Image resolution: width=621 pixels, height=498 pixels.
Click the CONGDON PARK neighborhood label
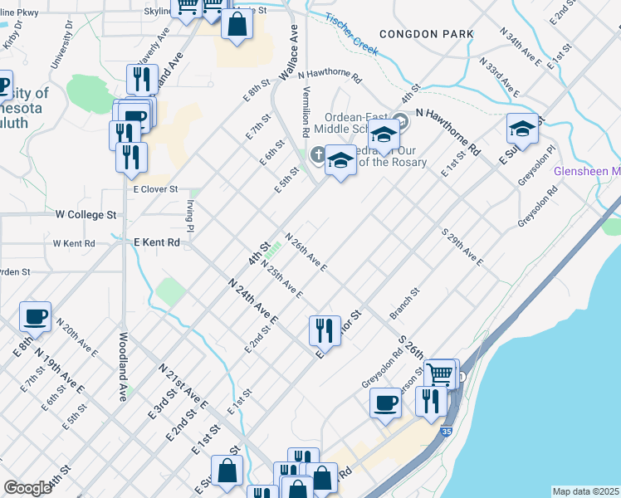(426, 34)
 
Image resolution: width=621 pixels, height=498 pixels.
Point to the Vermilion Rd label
(306, 111)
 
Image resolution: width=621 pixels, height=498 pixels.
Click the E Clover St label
(156, 189)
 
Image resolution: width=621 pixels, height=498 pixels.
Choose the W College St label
(86, 214)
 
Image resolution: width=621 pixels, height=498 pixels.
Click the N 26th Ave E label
(306, 252)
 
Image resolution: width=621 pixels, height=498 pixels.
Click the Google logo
(27, 488)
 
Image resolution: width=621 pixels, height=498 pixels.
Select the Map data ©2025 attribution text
(585, 491)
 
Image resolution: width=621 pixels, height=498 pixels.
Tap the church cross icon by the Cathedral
(318, 154)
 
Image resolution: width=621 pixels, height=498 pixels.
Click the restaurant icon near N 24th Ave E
(325, 330)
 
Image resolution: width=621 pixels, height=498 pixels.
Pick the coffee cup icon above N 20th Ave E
(36, 316)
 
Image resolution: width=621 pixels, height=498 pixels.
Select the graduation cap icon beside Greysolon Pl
(522, 129)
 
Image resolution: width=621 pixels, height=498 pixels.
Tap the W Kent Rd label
(74, 243)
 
